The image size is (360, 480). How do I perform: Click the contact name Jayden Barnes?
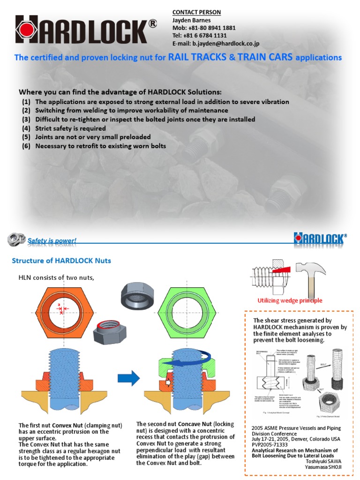[x=192, y=20]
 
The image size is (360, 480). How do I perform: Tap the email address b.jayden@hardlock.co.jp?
[x=216, y=44]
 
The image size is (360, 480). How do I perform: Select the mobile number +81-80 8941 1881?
[x=204, y=28]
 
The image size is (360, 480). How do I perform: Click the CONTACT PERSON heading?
[x=196, y=12]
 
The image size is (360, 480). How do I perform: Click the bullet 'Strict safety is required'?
[x=70, y=128]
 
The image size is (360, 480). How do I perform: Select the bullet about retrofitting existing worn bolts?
[x=100, y=146]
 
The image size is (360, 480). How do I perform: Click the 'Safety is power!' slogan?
[x=52, y=241]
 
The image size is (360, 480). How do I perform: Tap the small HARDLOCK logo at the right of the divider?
[x=320, y=239]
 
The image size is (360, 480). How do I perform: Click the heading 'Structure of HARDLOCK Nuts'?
[x=61, y=261]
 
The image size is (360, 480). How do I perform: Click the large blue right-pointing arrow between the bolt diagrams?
[x=128, y=377]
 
